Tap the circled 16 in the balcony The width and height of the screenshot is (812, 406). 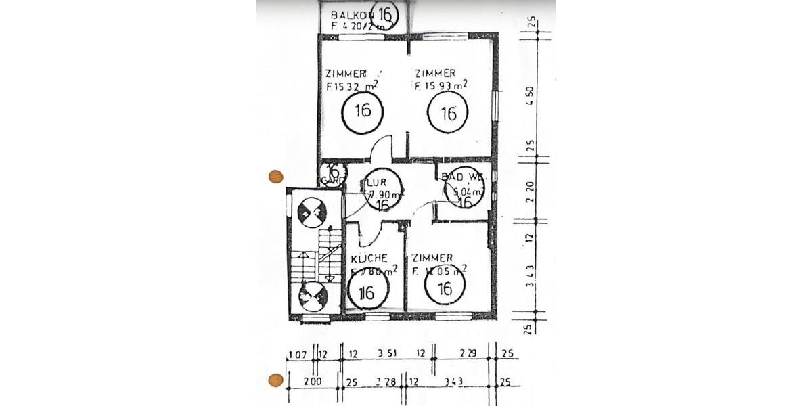(386, 14)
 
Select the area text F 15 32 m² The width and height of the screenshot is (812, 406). (351, 87)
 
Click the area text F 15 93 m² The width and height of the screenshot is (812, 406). (441, 86)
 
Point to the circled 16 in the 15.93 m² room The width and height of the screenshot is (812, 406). (448, 113)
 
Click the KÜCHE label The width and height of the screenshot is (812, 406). (369, 258)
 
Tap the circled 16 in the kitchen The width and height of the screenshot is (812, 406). (367, 293)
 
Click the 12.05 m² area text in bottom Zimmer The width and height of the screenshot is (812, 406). (440, 272)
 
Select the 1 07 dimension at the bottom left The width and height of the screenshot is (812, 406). (298, 354)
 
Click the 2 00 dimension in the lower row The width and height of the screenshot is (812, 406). (312, 382)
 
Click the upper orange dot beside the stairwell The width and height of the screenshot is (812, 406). (275, 177)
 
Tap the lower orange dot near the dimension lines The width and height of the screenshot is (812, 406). (275, 380)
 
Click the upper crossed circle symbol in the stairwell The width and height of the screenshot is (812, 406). (312, 212)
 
